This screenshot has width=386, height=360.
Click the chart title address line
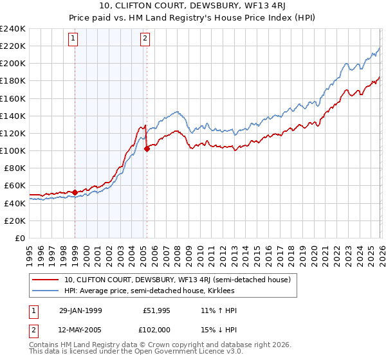(193, 6)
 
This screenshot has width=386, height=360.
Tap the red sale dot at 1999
(75, 192)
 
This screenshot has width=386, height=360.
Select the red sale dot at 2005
(147, 148)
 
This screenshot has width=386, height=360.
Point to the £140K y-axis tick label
(13, 116)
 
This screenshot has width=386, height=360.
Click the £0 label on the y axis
(19, 238)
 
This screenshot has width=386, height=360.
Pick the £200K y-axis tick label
(13, 64)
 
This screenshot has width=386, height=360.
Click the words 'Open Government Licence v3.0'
(188, 353)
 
